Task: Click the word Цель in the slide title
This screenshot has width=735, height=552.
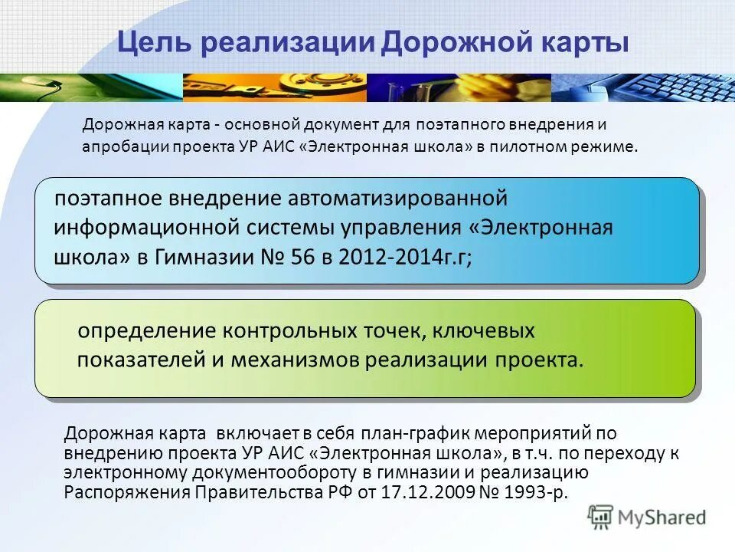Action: click(x=149, y=43)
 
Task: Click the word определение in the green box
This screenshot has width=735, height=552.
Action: click(x=144, y=332)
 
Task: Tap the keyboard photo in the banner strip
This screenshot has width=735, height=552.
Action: click(x=643, y=87)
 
